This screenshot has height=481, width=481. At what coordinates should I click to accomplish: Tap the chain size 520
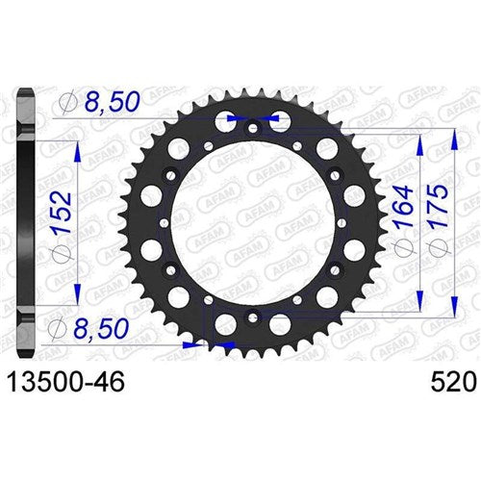[452, 384]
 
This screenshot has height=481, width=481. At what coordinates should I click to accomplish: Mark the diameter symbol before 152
[69, 261]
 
